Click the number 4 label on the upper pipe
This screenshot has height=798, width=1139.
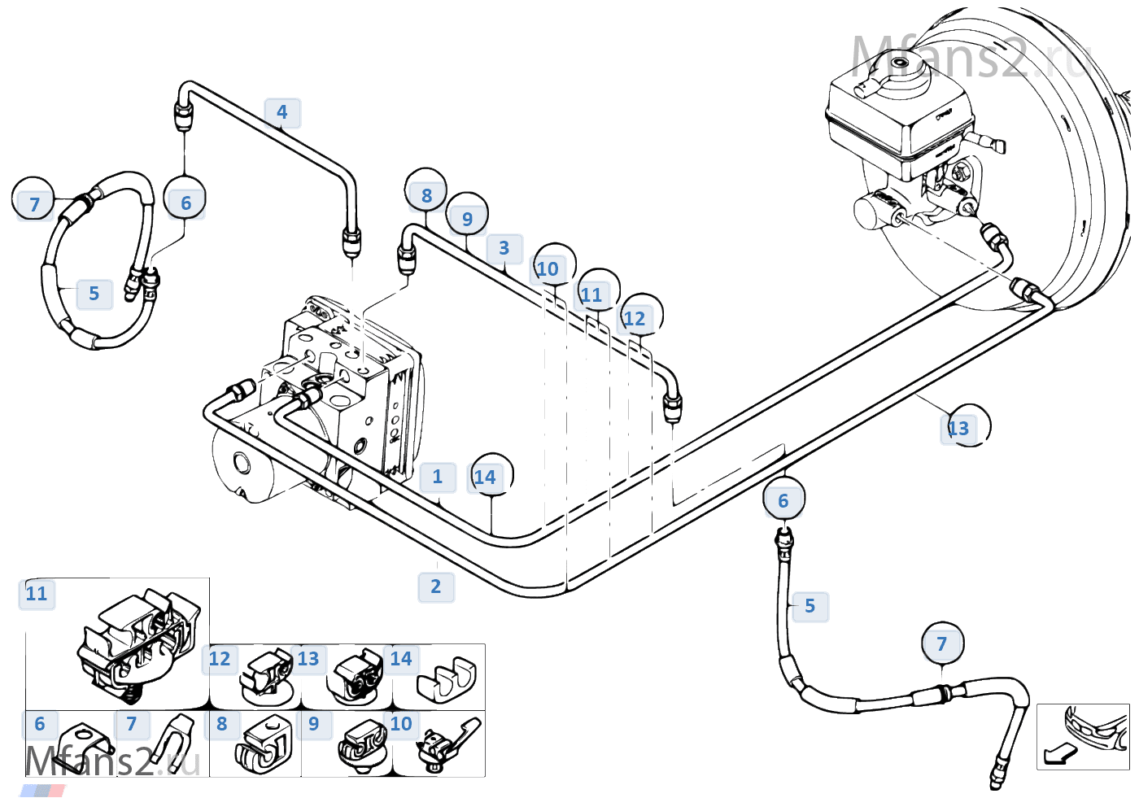282,112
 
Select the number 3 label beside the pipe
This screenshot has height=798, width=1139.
504,248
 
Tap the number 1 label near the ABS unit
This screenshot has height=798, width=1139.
438,477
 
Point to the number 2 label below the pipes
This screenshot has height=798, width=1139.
436,587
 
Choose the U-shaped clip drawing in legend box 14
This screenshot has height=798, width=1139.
447,680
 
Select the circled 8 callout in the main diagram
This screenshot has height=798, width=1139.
426,190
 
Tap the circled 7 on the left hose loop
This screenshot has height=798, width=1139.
33,198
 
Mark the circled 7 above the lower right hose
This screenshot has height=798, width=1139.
943,643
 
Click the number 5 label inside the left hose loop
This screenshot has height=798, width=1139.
94,294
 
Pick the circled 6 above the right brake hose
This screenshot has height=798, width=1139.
784,499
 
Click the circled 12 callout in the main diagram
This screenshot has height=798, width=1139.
642,315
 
